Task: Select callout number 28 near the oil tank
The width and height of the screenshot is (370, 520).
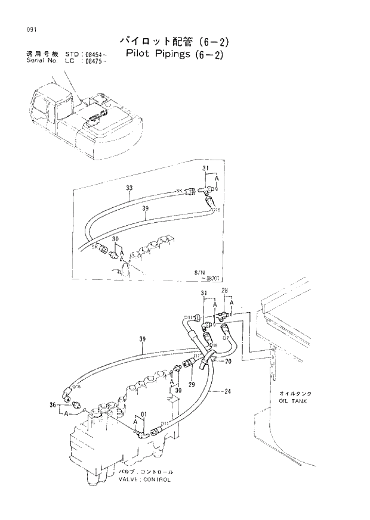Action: pyautogui.click(x=225, y=291)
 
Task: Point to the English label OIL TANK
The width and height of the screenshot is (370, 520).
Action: pyautogui.click(x=292, y=401)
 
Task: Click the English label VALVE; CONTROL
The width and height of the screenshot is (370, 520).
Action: pyautogui.click(x=144, y=478)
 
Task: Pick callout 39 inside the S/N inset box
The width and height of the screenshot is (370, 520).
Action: pyautogui.click(x=145, y=209)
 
